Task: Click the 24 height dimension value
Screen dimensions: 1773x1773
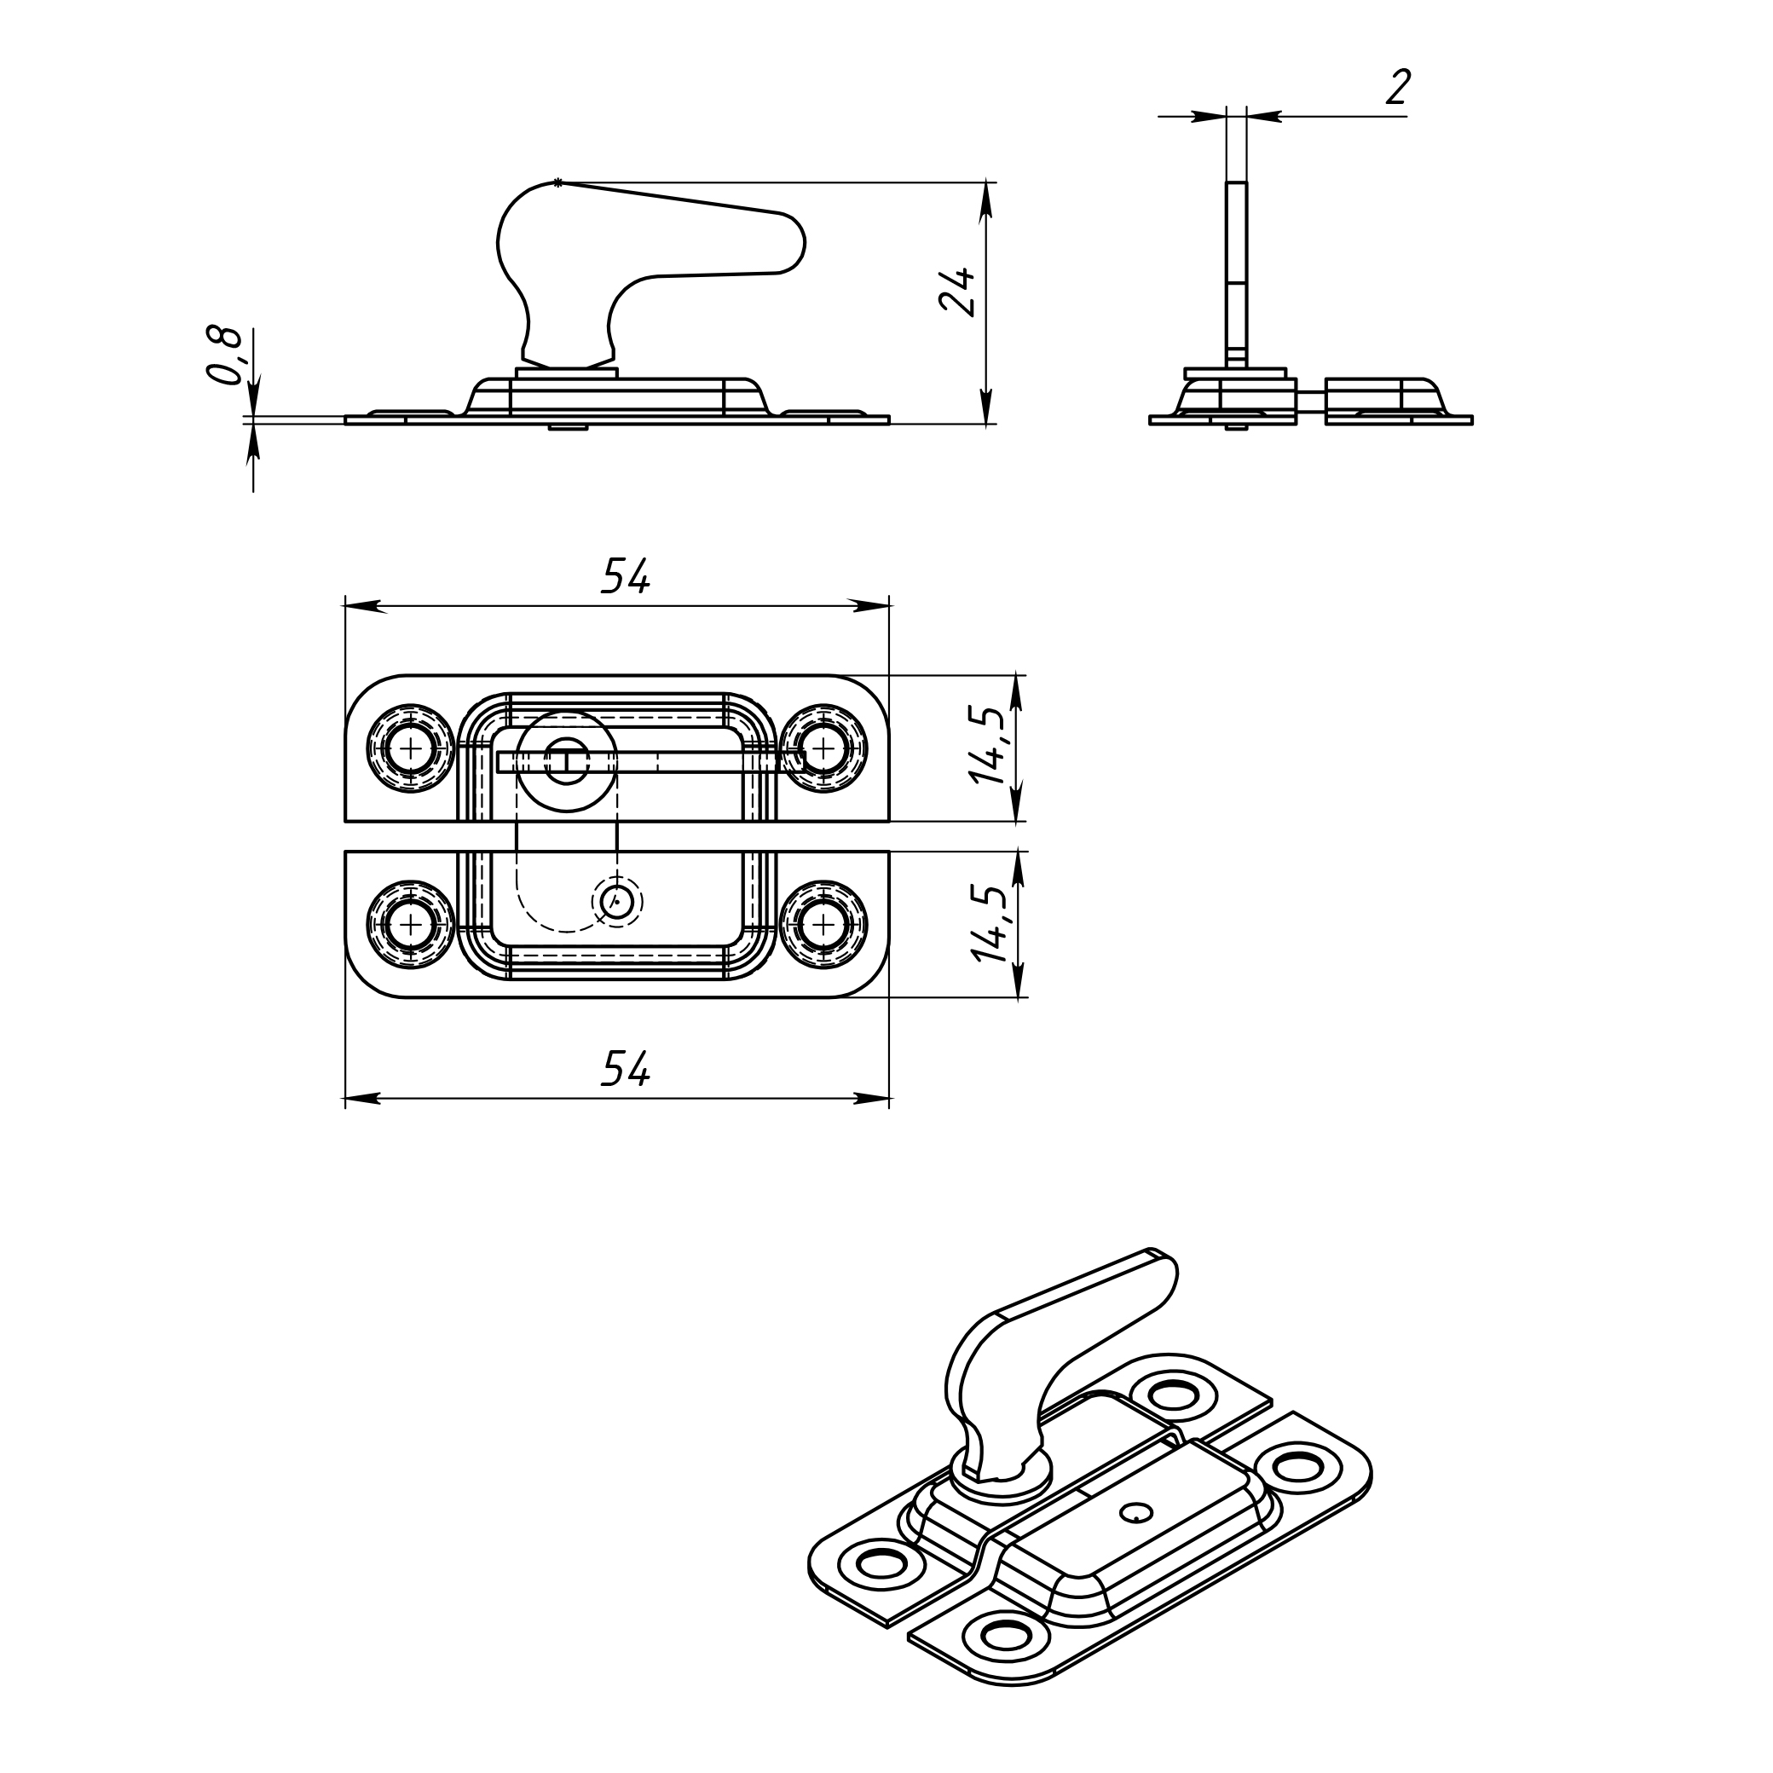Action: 958,292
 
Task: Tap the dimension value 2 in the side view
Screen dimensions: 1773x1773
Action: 1397,89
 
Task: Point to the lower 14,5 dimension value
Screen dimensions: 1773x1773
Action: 990,923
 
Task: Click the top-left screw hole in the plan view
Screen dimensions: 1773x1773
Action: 410,748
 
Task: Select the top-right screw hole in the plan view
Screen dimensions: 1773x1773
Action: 824,748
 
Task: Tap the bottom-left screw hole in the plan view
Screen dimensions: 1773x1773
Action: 410,923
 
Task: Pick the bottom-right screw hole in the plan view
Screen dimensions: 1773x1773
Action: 824,923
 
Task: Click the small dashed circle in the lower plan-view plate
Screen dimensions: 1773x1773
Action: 616,902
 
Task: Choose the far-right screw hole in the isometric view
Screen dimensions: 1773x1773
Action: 1295,1463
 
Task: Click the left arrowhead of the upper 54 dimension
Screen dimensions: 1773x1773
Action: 361,606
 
